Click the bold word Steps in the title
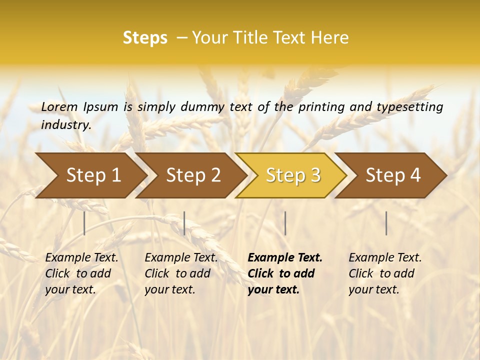145,38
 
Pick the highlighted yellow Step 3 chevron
293,175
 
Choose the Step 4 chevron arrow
393,175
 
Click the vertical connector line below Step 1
84,223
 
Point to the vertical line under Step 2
184,223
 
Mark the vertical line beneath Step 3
285,223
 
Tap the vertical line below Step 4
386,223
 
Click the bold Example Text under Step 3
285,257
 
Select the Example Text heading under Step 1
81,257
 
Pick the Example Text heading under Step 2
181,257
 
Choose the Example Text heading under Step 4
385,257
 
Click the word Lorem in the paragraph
59,106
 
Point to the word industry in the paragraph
65,124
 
